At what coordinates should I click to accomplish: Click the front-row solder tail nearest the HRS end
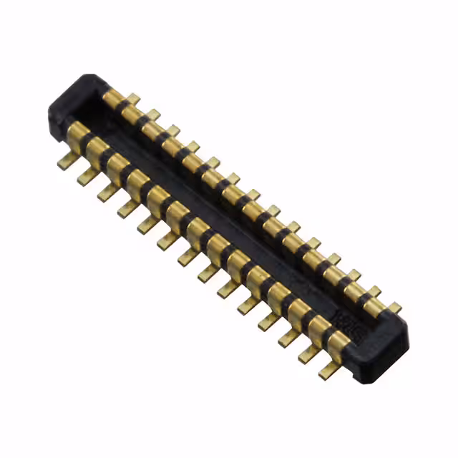pos(328,369)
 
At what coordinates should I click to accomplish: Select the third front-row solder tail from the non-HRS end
pos(107,193)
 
